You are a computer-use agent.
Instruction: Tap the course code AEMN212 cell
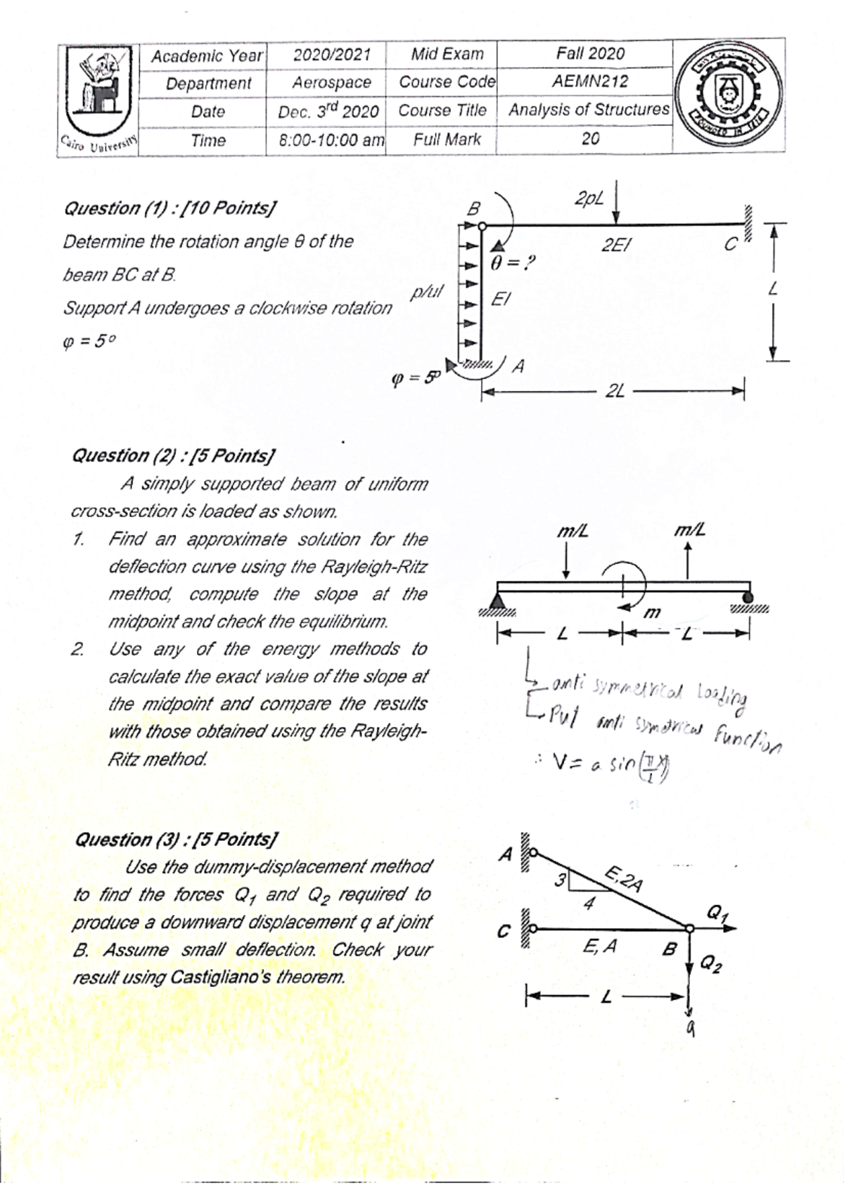[589, 82]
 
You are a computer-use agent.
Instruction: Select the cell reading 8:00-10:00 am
[327, 140]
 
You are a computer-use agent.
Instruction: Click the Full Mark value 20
[590, 139]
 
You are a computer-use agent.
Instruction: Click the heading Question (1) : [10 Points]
[170, 209]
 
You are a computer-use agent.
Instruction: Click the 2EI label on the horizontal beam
[617, 245]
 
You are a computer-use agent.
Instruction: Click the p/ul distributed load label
[427, 291]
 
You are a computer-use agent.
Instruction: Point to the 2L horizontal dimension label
[615, 391]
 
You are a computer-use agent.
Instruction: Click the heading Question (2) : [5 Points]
[174, 456]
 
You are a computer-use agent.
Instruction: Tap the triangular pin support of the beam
[498, 600]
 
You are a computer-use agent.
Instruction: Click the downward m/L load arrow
[568, 563]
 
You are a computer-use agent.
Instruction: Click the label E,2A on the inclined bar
[622, 880]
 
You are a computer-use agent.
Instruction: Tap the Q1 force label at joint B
[715, 915]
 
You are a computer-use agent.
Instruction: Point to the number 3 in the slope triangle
[561, 879]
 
